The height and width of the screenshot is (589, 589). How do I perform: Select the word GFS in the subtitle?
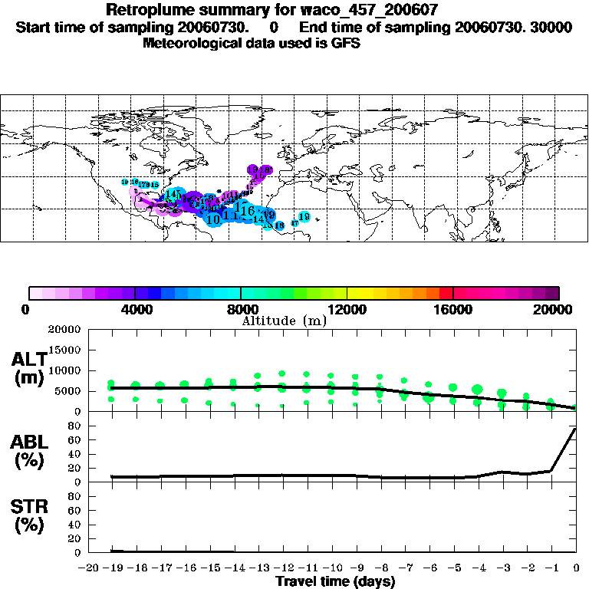pyautogui.click(x=346, y=43)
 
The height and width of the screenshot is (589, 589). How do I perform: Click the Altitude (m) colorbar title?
pyautogui.click(x=285, y=321)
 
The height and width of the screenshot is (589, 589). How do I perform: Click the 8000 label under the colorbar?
pyautogui.click(x=242, y=309)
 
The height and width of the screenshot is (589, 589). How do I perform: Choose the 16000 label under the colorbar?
pyautogui.click(x=453, y=309)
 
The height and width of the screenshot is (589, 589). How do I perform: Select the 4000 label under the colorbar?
pyautogui.click(x=135, y=309)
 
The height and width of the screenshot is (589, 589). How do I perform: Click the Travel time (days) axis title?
pyautogui.click(x=335, y=581)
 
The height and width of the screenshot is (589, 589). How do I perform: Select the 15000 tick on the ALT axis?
pyautogui.click(x=67, y=350)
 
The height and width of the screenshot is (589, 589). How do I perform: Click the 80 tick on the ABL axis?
pyautogui.click(x=76, y=426)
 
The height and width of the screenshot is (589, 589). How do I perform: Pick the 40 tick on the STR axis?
pyautogui.click(x=76, y=525)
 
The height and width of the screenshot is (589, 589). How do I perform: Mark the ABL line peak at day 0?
pyautogui.click(x=575, y=429)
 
